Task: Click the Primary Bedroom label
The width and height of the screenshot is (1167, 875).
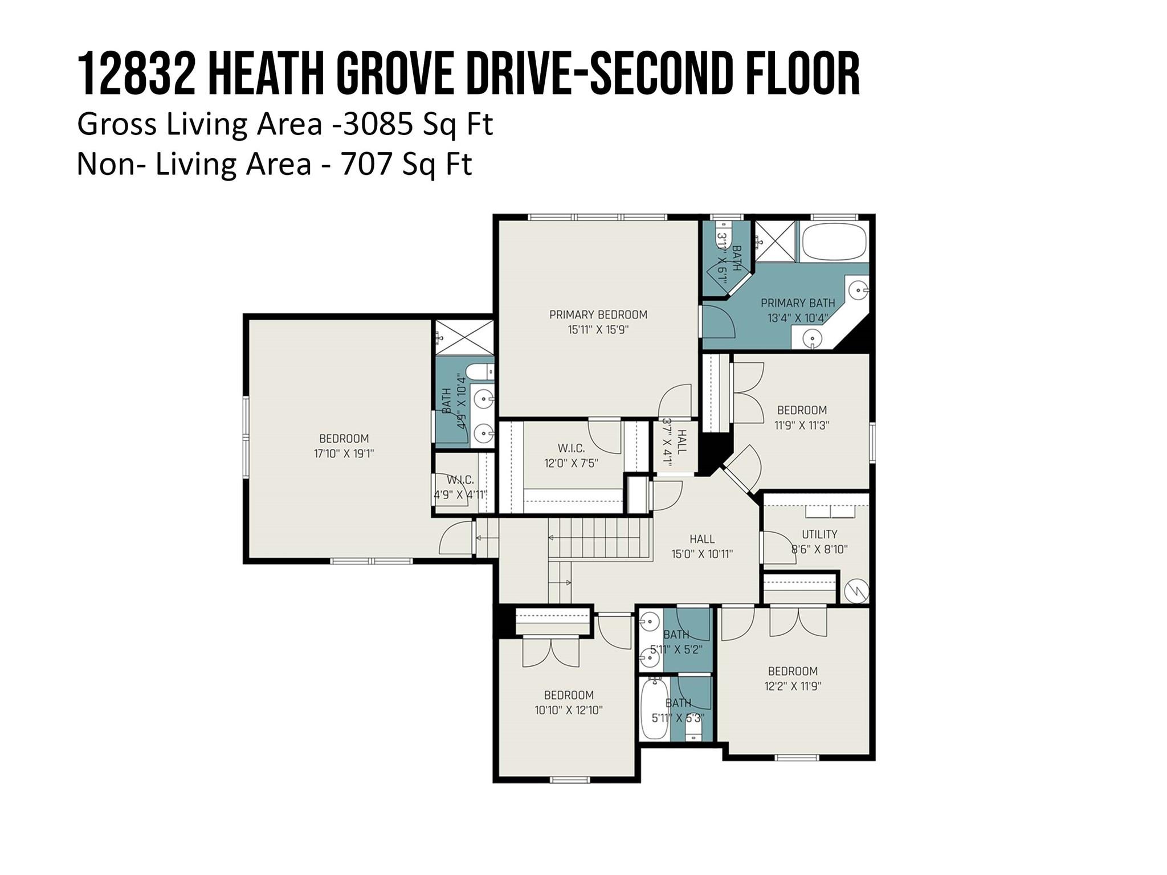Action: click(x=598, y=314)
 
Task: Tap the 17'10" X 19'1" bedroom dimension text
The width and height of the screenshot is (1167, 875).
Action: click(x=344, y=454)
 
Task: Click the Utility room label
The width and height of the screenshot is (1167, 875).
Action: click(x=819, y=534)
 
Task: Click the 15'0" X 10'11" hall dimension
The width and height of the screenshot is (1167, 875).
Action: click(x=702, y=554)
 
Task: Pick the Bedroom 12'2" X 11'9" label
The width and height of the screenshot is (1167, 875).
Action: click(x=792, y=671)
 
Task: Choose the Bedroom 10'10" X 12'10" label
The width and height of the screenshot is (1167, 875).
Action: click(x=569, y=695)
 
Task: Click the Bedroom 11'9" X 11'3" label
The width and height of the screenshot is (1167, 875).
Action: click(x=802, y=410)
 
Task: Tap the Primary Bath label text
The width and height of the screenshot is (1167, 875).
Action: click(x=798, y=303)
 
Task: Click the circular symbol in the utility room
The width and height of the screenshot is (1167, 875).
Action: click(x=856, y=591)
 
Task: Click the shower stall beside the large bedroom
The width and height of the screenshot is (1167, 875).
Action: click(x=464, y=337)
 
